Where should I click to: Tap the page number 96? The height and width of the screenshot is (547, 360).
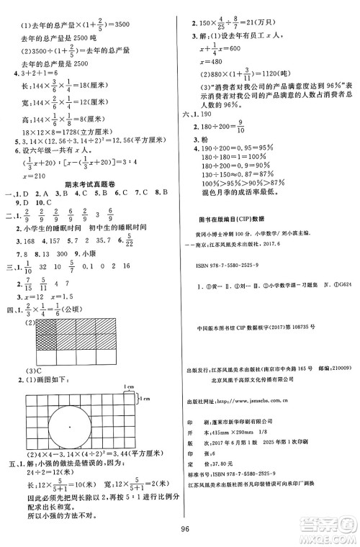click(x=184, y=534)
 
